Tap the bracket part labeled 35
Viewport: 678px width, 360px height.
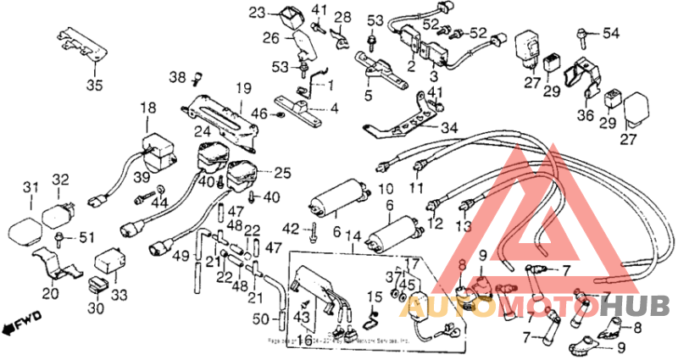(81, 46)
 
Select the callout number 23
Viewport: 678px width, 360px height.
(257, 12)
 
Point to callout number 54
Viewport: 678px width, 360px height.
(611, 33)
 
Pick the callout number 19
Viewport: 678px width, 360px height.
(244, 87)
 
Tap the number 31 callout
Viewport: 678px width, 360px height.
(31, 187)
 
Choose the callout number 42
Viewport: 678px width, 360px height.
(291, 228)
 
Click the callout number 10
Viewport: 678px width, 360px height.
(382, 187)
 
